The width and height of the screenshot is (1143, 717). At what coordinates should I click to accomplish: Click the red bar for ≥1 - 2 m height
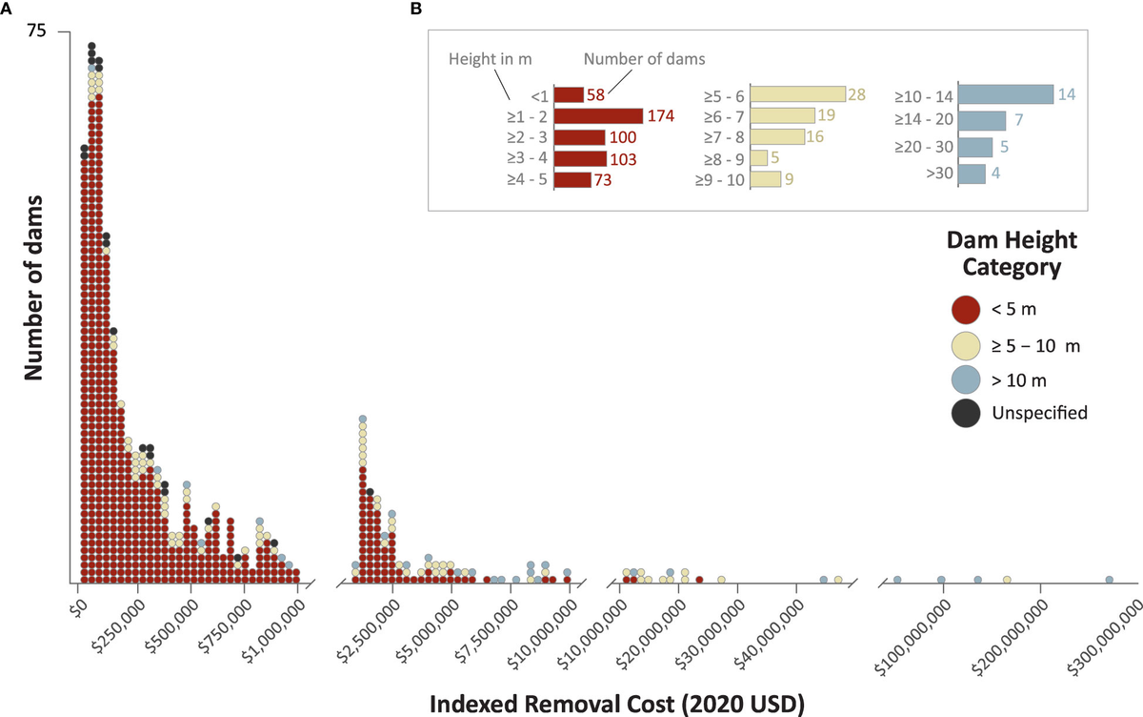[598, 115]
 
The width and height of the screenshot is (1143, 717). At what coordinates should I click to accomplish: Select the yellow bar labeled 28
[797, 94]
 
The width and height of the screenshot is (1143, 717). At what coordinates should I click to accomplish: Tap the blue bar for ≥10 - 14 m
[1005, 94]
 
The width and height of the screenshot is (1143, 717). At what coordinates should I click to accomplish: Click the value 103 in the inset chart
[625, 158]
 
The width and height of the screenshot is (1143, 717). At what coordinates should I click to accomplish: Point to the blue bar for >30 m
[972, 174]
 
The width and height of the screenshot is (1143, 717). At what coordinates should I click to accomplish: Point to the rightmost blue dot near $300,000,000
[1109, 579]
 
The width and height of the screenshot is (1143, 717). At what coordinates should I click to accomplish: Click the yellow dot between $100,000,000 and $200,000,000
[1007, 579]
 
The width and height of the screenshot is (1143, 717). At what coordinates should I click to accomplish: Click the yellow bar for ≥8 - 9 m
[759, 158]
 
